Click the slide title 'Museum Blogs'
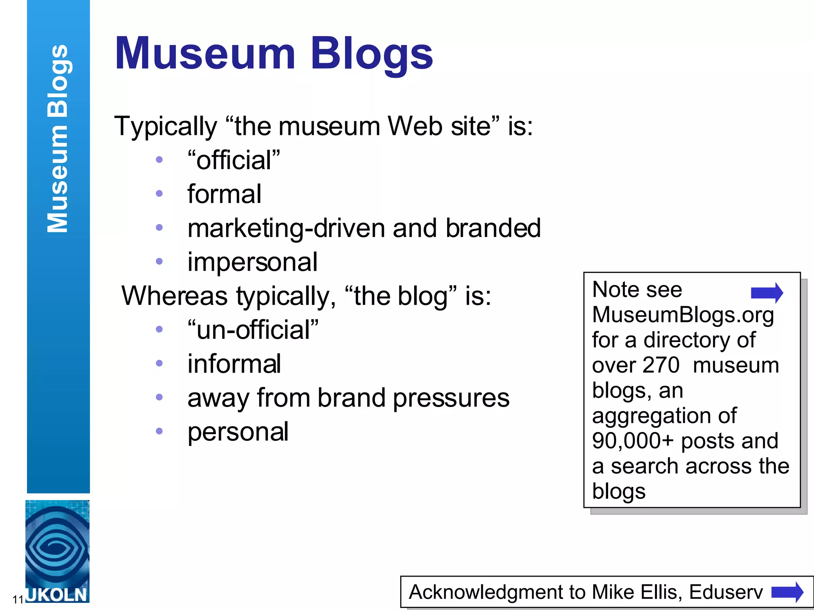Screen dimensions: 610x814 click(273, 54)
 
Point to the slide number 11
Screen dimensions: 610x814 click(18, 599)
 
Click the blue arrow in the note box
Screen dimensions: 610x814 click(767, 293)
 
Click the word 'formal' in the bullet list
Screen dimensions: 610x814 click(224, 194)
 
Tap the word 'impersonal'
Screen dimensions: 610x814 click(252, 262)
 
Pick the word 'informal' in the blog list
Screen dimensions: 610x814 click(234, 364)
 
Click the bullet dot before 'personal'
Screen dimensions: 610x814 click(159, 431)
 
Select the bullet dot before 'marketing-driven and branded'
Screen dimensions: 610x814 click(159, 228)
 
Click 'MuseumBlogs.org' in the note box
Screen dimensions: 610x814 click(683, 315)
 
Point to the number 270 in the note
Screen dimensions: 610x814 click(661, 365)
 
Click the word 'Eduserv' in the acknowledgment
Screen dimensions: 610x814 click(726, 592)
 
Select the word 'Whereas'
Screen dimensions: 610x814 click(174, 296)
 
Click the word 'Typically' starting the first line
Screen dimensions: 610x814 click(165, 126)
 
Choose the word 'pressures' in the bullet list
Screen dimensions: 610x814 click(451, 398)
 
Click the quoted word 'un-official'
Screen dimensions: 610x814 click(253, 330)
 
